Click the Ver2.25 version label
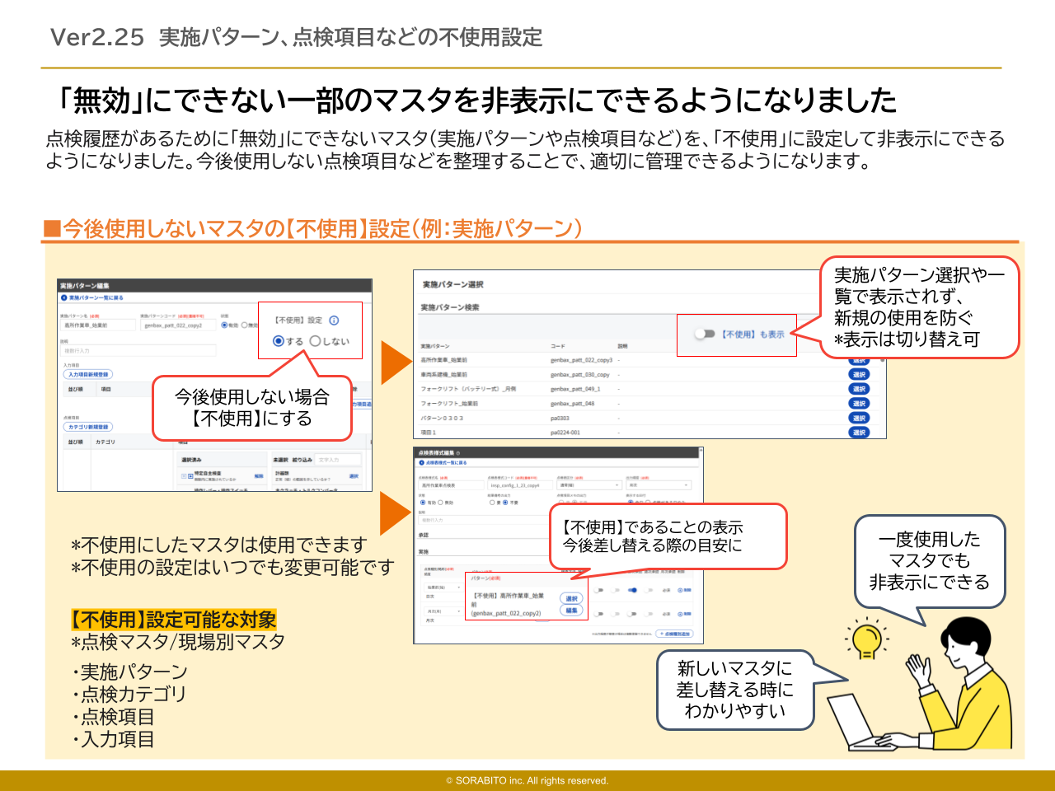click(97, 37)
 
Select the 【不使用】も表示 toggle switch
click(704, 334)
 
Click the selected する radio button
click(279, 341)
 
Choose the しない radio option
click(315, 341)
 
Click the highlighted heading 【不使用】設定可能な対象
click(174, 619)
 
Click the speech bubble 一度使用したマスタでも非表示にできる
click(930, 561)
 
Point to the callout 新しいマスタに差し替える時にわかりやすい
click(734, 690)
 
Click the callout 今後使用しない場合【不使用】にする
click(251, 408)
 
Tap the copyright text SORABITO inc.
click(527, 780)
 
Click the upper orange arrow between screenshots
click(396, 363)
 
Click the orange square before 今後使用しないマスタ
click(53, 228)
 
